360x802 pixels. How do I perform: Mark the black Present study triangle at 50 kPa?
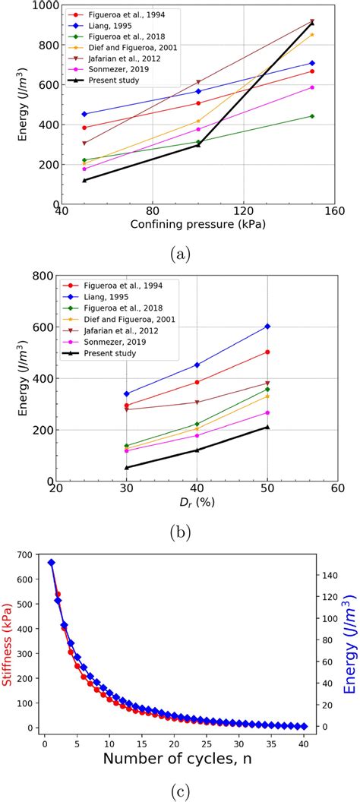pyautogui.click(x=84, y=180)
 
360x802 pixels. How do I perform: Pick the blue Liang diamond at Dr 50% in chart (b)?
pyautogui.click(x=267, y=327)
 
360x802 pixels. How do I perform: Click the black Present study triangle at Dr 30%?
pyautogui.click(x=126, y=467)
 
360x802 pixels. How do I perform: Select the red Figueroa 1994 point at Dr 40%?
pyautogui.click(x=197, y=382)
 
